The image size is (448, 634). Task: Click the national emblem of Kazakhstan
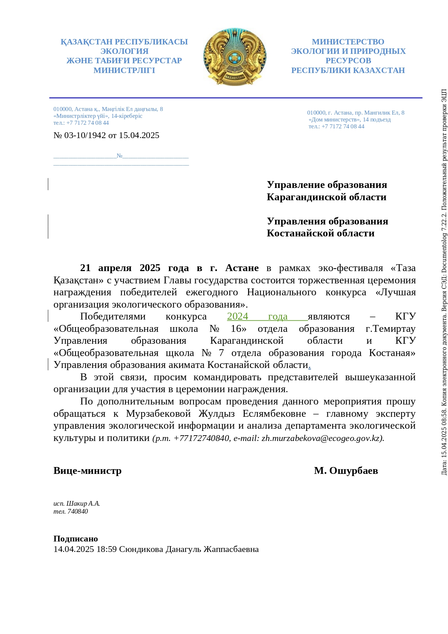[235, 57]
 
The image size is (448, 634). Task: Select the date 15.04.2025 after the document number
[139, 136]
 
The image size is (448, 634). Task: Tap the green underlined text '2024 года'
[257, 317]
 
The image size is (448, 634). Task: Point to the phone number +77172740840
[201, 438]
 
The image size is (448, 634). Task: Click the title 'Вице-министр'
[87, 471]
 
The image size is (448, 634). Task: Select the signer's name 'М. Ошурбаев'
[346, 471]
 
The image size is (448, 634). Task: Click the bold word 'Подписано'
[76, 539]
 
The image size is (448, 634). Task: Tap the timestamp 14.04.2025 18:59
[85, 549]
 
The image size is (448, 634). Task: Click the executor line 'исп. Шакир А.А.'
[77, 504]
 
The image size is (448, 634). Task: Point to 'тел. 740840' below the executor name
[71, 511]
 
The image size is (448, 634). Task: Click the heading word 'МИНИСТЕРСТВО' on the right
[348, 42]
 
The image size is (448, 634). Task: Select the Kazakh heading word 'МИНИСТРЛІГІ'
[124, 70]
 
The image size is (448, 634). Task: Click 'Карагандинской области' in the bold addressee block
[326, 197]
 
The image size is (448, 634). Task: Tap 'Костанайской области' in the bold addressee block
[321, 234]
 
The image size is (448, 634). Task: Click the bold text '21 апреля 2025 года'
[134, 268]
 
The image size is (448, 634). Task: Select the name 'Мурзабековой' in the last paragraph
[158, 414]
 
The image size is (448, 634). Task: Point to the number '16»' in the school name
[239, 329]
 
